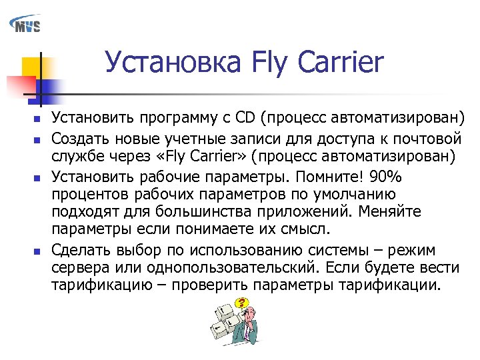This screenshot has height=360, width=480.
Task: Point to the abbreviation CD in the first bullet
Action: (x=244, y=119)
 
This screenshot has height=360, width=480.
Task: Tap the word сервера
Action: (x=78, y=268)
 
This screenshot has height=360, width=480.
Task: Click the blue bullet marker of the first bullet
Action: (x=37, y=121)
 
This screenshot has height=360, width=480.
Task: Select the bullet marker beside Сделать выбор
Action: (x=37, y=251)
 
